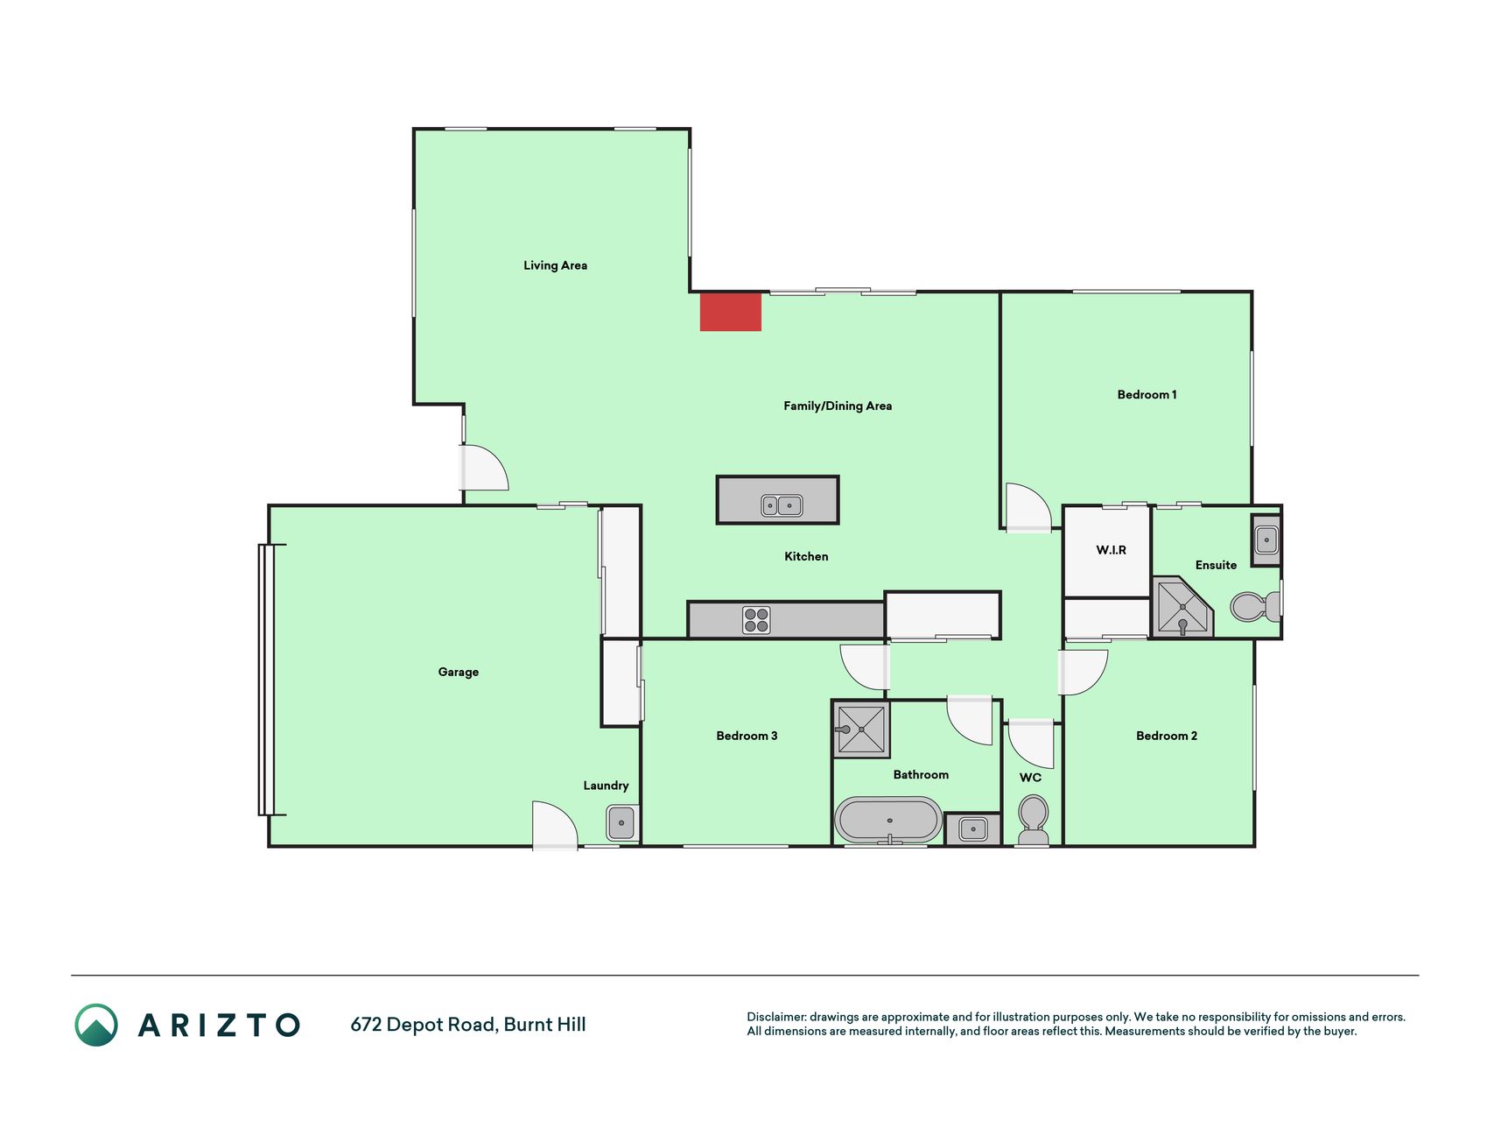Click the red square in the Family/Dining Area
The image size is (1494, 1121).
click(730, 312)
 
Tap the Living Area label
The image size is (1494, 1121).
click(555, 265)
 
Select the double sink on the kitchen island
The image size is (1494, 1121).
click(781, 505)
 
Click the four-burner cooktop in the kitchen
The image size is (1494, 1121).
click(756, 620)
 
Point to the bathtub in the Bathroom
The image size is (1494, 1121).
click(888, 821)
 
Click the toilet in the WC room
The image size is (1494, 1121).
click(1034, 820)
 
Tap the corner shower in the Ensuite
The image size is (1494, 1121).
click(1182, 606)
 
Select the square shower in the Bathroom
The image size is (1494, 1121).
click(861, 729)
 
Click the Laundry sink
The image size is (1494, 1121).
click(621, 823)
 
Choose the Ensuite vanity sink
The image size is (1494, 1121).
click(1266, 540)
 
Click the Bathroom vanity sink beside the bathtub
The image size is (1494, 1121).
click(972, 828)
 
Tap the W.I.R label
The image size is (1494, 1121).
click(1111, 550)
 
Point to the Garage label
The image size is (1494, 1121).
click(459, 672)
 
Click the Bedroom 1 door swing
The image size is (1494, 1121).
click(1028, 507)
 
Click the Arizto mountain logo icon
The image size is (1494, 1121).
click(96, 1025)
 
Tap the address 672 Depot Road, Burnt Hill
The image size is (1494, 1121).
click(468, 1025)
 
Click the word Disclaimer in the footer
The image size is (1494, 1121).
click(776, 1017)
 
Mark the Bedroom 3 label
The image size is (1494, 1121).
click(747, 736)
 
